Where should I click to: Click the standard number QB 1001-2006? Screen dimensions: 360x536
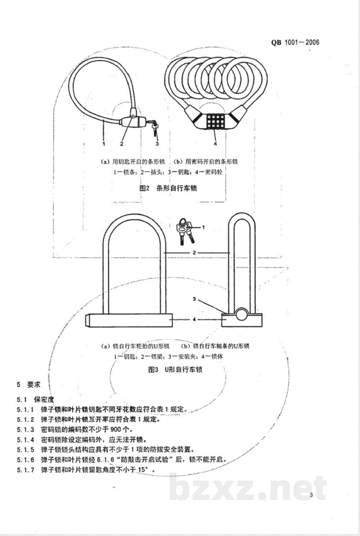295,42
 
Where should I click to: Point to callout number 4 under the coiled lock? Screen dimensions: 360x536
215,143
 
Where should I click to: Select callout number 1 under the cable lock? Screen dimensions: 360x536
103,143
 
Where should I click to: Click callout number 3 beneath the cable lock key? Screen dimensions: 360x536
157,143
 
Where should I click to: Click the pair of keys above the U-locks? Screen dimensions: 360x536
185,231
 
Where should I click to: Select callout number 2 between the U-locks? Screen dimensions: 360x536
194,253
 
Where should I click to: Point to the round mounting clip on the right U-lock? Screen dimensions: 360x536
242,314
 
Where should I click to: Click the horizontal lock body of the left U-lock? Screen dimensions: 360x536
129,320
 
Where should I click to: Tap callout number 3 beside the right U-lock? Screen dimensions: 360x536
194,299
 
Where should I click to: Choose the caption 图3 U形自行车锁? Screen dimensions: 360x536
175,370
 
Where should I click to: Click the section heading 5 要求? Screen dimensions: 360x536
29,384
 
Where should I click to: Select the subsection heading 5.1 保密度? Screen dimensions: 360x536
36,399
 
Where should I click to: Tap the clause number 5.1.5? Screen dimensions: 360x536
26,450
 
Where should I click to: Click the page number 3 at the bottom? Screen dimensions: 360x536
311,495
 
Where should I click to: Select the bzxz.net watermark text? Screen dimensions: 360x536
247,488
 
